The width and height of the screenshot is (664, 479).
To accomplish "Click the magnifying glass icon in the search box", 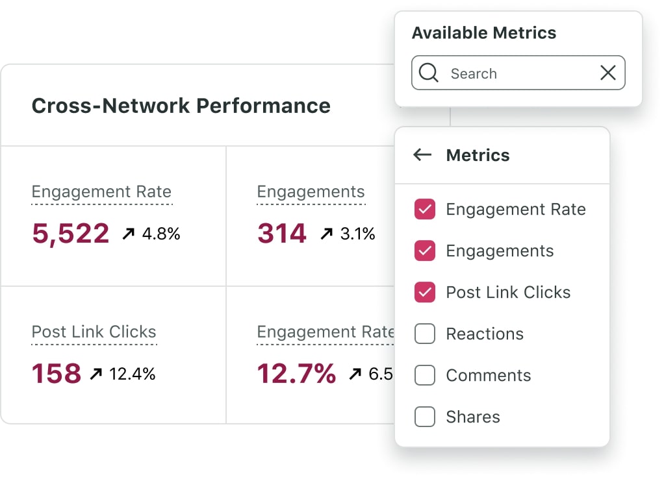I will click(x=429, y=73).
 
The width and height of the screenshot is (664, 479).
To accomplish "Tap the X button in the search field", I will click(x=607, y=73).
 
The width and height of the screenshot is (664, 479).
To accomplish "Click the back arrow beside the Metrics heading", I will click(x=422, y=154).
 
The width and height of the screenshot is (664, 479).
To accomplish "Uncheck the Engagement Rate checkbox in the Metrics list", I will click(x=424, y=210).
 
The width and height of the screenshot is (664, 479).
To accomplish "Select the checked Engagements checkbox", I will click(x=424, y=251).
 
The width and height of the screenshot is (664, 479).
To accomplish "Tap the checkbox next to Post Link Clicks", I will click(x=424, y=293).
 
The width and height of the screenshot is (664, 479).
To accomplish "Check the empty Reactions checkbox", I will click(x=424, y=334).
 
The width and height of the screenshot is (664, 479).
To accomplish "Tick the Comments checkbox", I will click(x=424, y=376).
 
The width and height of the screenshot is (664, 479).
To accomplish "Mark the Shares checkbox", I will click(x=424, y=417).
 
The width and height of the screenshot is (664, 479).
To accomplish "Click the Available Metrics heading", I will click(x=484, y=33).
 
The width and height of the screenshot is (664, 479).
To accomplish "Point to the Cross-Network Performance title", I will click(x=181, y=105).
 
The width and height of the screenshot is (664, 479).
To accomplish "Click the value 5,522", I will click(x=70, y=234).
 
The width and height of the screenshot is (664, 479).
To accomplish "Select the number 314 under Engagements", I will click(x=281, y=234).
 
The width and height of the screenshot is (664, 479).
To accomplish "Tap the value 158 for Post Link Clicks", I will click(x=57, y=374).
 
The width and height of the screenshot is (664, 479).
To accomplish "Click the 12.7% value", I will click(x=296, y=374).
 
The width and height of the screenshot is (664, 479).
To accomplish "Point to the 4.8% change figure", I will click(x=160, y=234).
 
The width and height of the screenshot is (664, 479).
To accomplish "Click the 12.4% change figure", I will click(x=132, y=374).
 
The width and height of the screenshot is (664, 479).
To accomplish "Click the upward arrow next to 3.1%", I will click(x=326, y=234).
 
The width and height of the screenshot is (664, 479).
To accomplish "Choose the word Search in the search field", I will click(x=474, y=73).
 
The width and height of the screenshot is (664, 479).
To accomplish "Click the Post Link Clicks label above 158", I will click(x=94, y=332).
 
